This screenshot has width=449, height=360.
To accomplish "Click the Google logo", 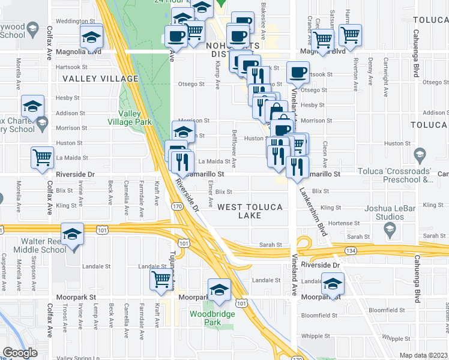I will [20, 353].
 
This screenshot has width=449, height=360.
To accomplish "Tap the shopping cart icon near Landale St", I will [161, 280].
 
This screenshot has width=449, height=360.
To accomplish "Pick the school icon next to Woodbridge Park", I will [220, 290].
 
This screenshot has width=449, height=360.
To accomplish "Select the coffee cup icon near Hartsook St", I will [298, 73].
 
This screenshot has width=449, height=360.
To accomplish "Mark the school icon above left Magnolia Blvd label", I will [91, 37].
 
